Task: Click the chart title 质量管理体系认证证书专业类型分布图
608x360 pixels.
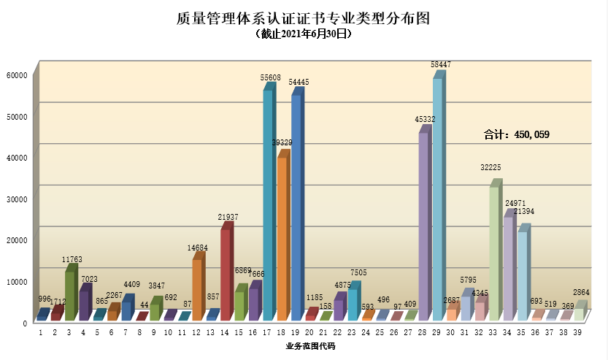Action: pos(303,18)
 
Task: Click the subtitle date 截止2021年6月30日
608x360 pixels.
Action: pos(304,34)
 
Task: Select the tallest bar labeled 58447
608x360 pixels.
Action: pos(437,197)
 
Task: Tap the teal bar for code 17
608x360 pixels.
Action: pos(268,204)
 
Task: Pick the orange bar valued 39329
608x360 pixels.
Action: pos(282,237)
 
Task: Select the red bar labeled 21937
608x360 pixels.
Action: pos(226,274)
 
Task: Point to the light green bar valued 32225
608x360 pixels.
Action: pos(494,252)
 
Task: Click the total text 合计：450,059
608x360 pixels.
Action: pos(517,134)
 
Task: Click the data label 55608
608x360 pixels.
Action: pos(271,77)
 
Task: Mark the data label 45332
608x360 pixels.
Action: pos(426,119)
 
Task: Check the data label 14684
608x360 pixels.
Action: pos(197,248)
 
